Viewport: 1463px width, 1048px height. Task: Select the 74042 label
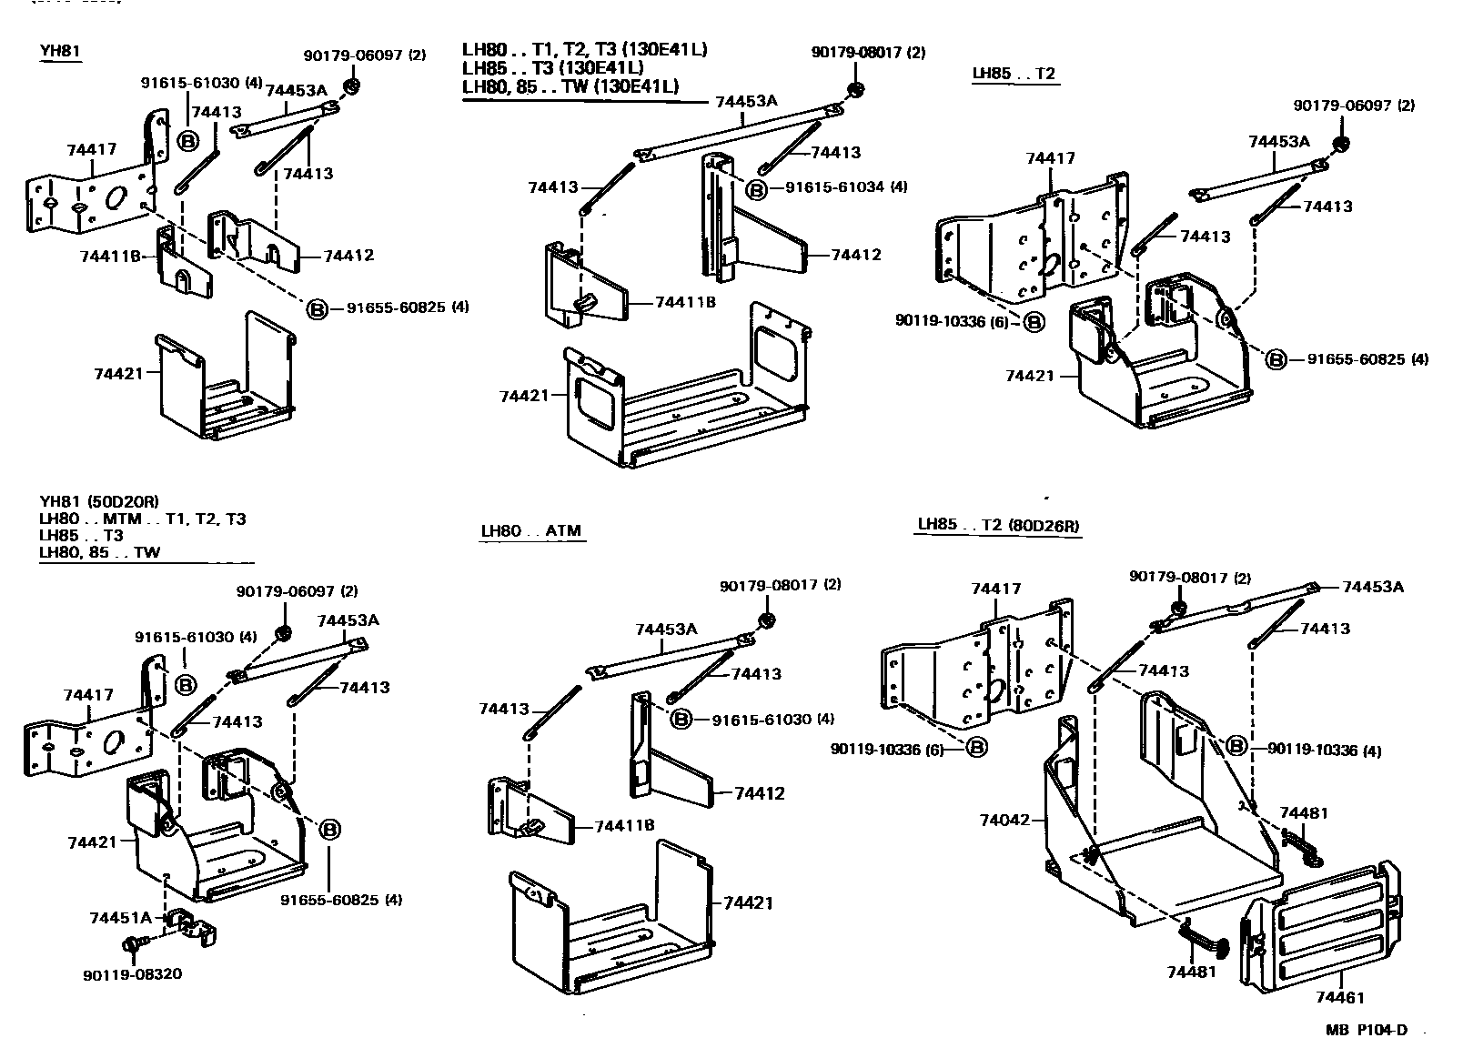point(1004,820)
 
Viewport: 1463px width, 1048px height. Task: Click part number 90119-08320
point(132,973)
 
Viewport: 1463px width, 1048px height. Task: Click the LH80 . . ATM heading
point(532,531)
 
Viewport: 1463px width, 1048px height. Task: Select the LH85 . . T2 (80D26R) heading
point(998,525)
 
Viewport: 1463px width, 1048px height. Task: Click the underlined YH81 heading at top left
point(60,51)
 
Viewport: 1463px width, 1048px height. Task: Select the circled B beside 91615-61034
point(756,189)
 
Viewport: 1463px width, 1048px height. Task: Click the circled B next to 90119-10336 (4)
point(1236,746)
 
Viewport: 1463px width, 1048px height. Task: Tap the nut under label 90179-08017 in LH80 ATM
point(765,620)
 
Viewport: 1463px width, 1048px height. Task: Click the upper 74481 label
point(1304,812)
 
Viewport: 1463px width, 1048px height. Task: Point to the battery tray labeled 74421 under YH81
point(223,382)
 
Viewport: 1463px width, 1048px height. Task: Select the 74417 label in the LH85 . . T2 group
point(1050,158)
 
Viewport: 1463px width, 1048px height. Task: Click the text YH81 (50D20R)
point(99,501)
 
